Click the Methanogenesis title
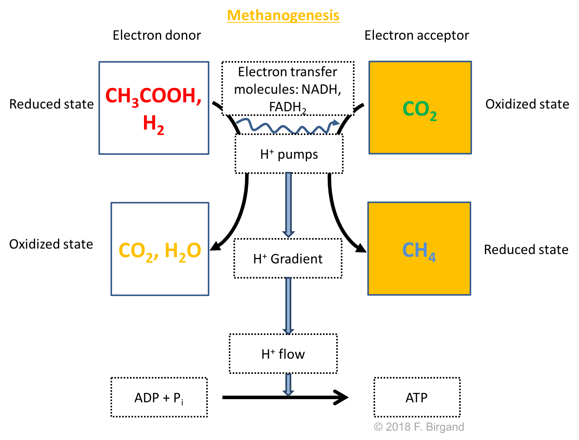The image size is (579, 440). click(x=283, y=16)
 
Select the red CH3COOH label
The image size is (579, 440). click(x=153, y=96)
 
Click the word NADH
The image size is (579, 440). click(x=321, y=89)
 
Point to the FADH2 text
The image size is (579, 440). click(x=288, y=107)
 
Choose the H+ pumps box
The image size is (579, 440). click(x=289, y=154)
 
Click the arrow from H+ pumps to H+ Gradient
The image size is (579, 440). click(x=288, y=204)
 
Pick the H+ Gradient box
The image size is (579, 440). click(x=288, y=259)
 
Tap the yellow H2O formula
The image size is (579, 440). click(x=182, y=251)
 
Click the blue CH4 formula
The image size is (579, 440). click(x=419, y=251)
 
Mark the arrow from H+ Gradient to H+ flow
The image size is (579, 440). click(x=288, y=305)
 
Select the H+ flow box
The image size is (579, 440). click(x=283, y=354)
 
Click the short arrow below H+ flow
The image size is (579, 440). click(x=288, y=385)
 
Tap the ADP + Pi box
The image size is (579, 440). click(x=159, y=398)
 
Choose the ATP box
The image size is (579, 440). click(x=417, y=398)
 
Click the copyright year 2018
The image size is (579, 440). click(x=398, y=427)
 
